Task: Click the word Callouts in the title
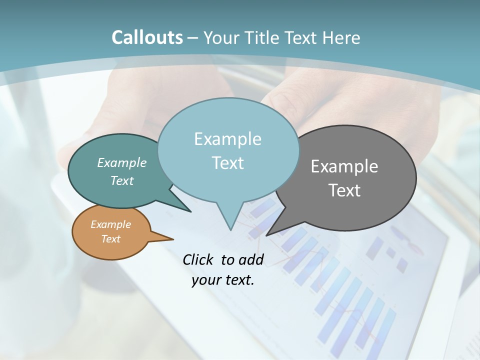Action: (147, 37)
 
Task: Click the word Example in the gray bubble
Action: (344, 166)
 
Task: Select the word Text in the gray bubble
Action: (344, 190)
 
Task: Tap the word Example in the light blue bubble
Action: (227, 139)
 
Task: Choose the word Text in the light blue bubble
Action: (228, 163)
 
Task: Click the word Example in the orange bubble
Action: (110, 224)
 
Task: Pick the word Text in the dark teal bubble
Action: (122, 181)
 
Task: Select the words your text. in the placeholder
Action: (223, 280)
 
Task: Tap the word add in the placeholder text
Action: (250, 259)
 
